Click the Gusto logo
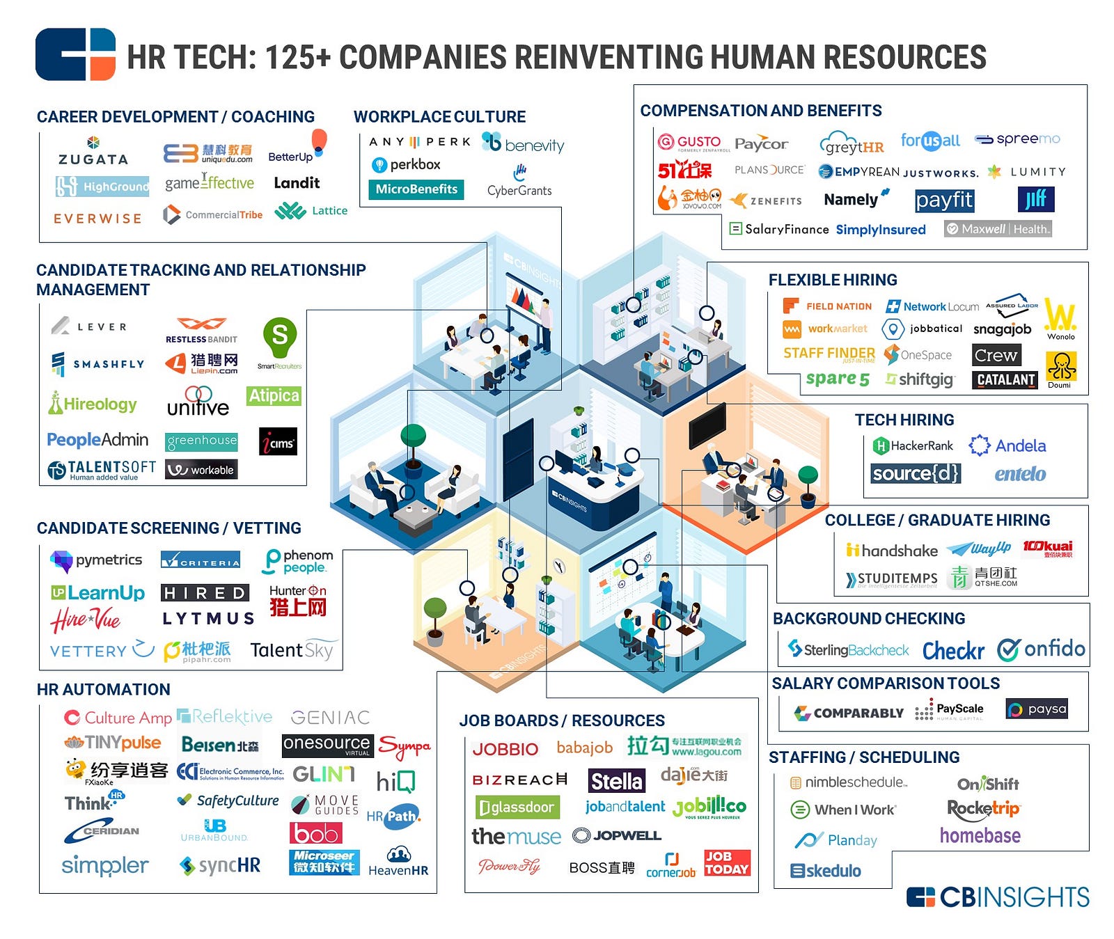(689, 142)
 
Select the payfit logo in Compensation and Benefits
(944, 200)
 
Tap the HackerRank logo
(913, 445)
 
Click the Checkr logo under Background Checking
(953, 651)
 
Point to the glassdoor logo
(517, 807)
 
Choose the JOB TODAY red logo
(727, 863)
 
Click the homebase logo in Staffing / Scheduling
(980, 835)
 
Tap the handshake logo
(892, 551)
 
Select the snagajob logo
(1002, 329)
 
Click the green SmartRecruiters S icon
(279, 336)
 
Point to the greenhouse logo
(202, 441)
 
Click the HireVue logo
(85, 620)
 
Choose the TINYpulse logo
(113, 743)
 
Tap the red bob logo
(316, 833)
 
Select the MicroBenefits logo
(416, 189)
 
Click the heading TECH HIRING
(904, 420)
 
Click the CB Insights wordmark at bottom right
(998, 897)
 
